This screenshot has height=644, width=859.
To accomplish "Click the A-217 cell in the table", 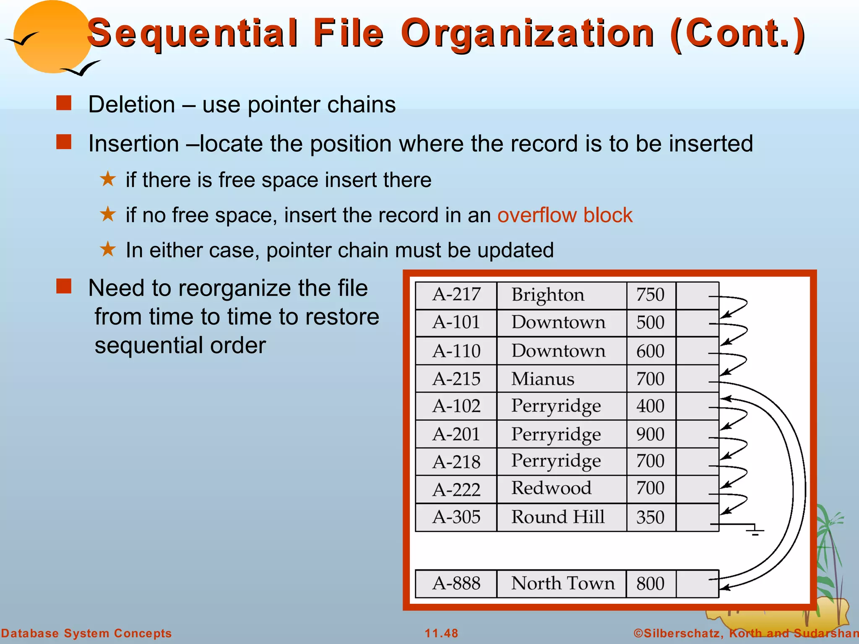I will click(456, 295).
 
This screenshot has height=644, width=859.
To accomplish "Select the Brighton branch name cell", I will click(547, 295).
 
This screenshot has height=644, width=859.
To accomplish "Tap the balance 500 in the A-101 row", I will click(650, 323).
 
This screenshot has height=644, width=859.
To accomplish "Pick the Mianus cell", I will click(542, 379).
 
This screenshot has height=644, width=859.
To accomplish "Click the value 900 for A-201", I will click(650, 434).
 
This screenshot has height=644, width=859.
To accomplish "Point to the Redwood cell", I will click(551, 488).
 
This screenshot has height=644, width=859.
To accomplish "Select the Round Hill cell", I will click(558, 517).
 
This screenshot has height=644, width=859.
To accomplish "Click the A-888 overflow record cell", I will click(456, 584).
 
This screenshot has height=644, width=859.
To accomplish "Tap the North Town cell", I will click(562, 584).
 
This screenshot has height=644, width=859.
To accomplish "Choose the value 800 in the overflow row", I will click(650, 584).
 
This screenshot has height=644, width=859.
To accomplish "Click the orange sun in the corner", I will click(52, 38).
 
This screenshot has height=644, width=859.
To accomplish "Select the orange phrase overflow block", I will click(565, 216).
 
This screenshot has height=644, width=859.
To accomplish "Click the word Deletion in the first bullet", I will click(132, 105).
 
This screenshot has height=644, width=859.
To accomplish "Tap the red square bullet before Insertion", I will click(64, 142).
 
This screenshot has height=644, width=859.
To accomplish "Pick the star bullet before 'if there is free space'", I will click(108, 179).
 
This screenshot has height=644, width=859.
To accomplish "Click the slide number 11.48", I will click(441, 633).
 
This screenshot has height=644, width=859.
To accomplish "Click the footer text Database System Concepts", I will click(86, 633).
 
